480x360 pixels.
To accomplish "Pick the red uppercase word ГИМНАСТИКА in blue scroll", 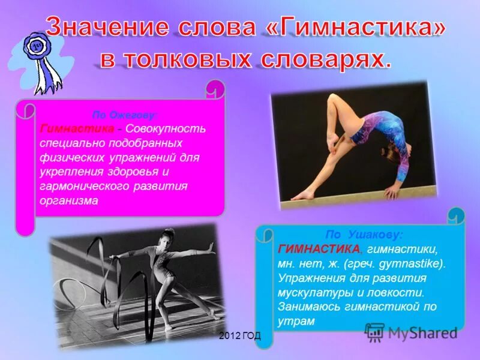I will (x=320, y=249).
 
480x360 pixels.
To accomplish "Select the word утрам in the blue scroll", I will (x=296, y=321).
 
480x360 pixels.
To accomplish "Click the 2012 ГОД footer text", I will (x=239, y=336).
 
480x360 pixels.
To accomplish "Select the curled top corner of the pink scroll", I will (x=215, y=90).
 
